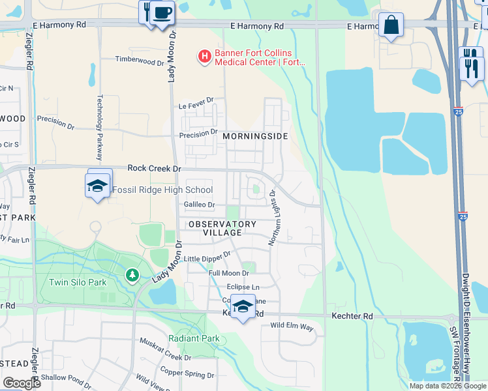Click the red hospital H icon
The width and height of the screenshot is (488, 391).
(x=205, y=57)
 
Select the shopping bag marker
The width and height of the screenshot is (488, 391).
(x=390, y=26)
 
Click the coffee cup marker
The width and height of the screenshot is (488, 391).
(x=162, y=13)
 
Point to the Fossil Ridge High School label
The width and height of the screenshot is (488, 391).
(x=162, y=190)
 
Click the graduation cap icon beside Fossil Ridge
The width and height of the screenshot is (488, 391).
(x=98, y=186)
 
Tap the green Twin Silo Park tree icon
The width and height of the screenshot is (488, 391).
(x=132, y=276)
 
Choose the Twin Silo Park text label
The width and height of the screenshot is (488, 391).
(x=78, y=283)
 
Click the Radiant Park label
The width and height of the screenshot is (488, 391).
(x=194, y=338)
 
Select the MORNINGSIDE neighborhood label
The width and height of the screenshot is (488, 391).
(x=255, y=136)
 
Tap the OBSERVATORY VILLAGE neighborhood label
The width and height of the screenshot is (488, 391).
(x=222, y=228)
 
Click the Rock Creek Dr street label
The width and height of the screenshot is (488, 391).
(x=154, y=168)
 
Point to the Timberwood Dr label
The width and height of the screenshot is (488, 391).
(x=140, y=61)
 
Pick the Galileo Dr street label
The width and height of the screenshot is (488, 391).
(x=199, y=205)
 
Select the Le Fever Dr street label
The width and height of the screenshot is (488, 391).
(x=196, y=106)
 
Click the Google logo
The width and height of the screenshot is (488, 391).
(x=21, y=383)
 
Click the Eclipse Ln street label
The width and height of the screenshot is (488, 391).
(x=243, y=287)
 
